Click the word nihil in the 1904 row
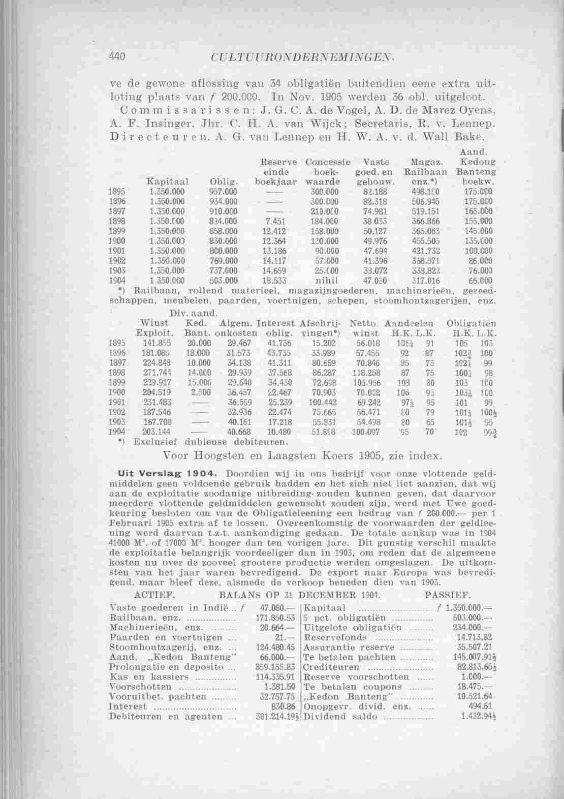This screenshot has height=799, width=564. tap(323, 280)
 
